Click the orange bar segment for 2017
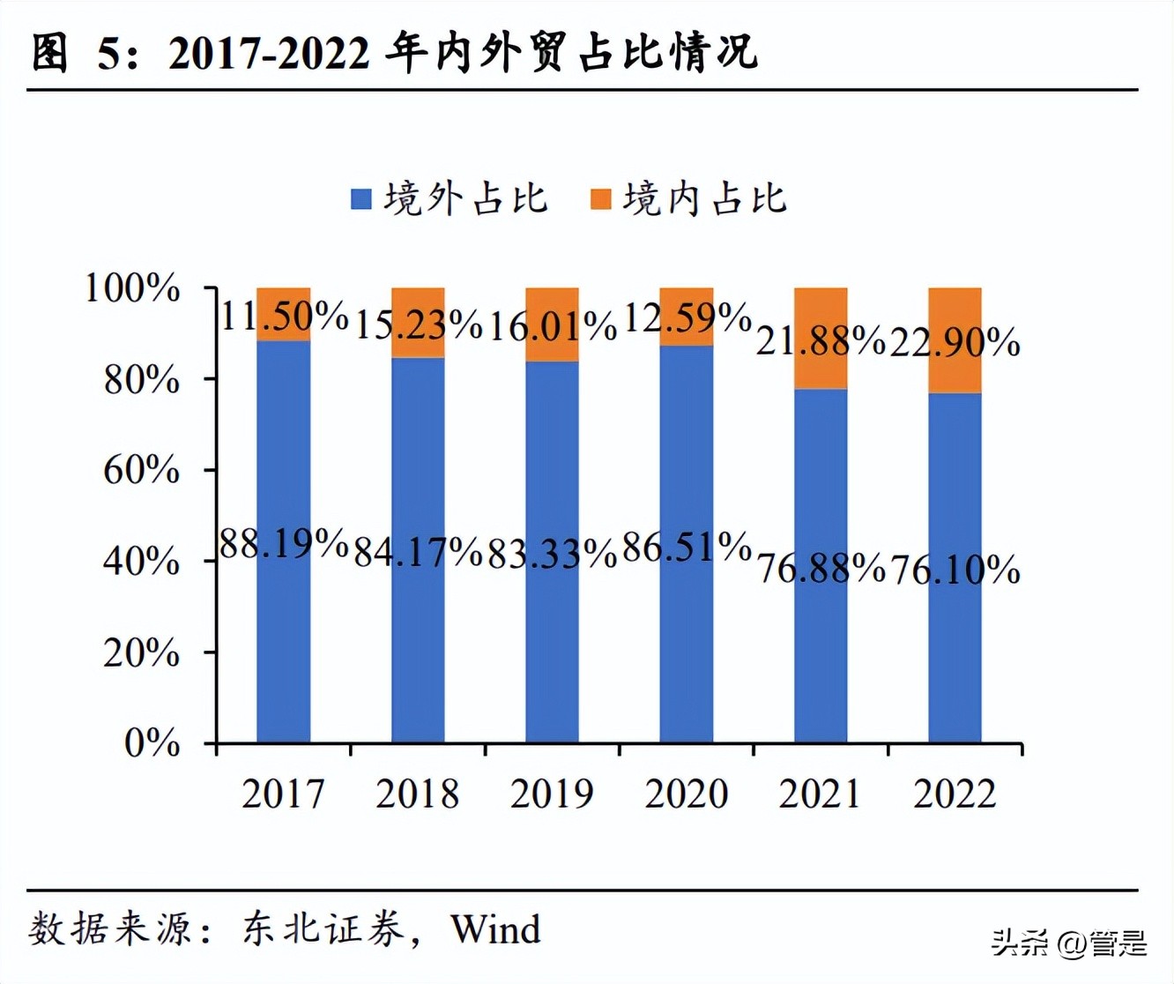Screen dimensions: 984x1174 (x=283, y=314)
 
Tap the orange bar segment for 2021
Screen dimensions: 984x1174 (x=821, y=338)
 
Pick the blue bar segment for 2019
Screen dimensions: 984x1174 (x=552, y=635)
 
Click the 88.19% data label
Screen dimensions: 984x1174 (x=283, y=543)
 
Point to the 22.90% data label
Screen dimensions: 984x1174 (x=955, y=341)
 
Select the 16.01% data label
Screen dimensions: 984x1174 (x=552, y=326)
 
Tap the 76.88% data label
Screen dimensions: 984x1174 (x=821, y=568)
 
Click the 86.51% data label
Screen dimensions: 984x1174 (x=686, y=548)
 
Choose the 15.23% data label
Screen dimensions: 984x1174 (x=418, y=324)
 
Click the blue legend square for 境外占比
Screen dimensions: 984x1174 (x=361, y=199)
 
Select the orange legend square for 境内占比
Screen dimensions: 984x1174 (x=600, y=199)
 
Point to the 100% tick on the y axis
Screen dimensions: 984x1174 (x=132, y=288)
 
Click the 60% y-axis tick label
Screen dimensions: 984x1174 (x=141, y=470)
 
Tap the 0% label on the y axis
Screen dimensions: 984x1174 (x=152, y=743)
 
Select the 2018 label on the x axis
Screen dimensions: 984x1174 (x=418, y=794)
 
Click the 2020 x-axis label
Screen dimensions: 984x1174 (x=686, y=794)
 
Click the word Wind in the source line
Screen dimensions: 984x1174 (x=495, y=929)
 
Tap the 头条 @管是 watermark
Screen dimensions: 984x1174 (x=1068, y=943)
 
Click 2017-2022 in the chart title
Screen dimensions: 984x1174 (x=269, y=54)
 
